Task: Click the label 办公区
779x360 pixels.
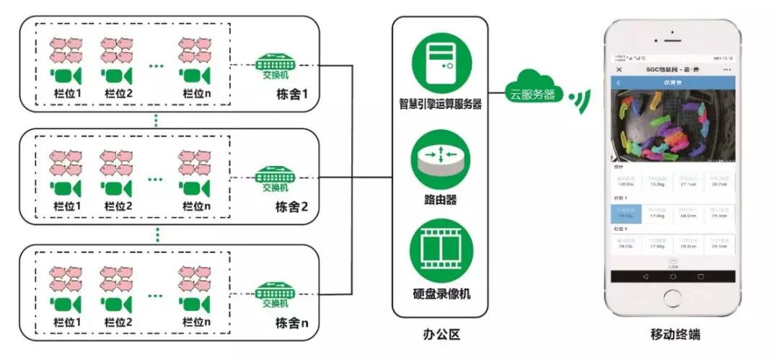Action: [x=441, y=335]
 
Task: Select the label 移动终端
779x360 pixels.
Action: [x=674, y=335]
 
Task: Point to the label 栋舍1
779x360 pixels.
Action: [x=291, y=94]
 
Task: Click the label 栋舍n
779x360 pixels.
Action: [x=291, y=322]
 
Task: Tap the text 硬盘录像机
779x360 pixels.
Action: [x=440, y=294]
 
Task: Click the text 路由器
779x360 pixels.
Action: [x=441, y=199]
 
